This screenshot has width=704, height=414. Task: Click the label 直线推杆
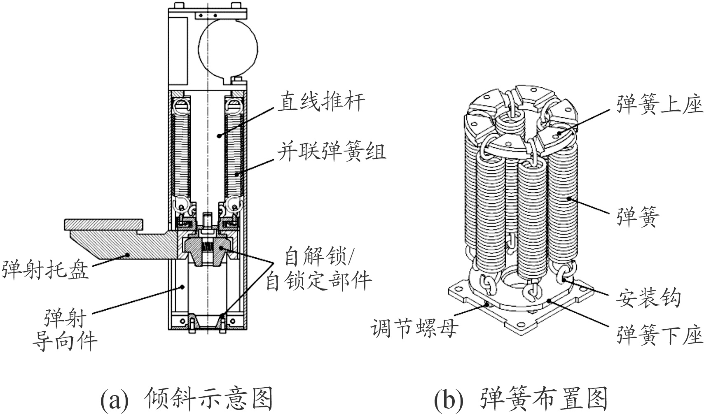click(x=321, y=101)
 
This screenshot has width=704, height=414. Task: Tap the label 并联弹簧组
click(x=332, y=151)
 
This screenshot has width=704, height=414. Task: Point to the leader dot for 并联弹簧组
click(x=238, y=174)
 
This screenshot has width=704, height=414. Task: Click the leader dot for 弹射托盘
click(x=128, y=255)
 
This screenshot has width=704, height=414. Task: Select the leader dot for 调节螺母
click(x=487, y=305)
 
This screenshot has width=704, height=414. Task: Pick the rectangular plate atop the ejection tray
click(x=104, y=225)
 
